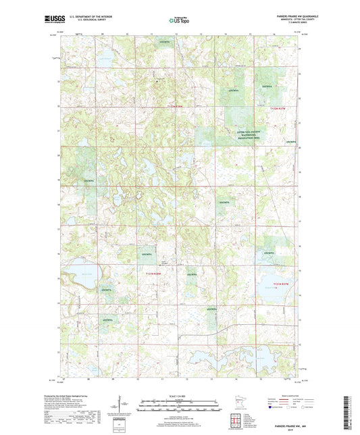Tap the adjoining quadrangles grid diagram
point(240,423)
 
